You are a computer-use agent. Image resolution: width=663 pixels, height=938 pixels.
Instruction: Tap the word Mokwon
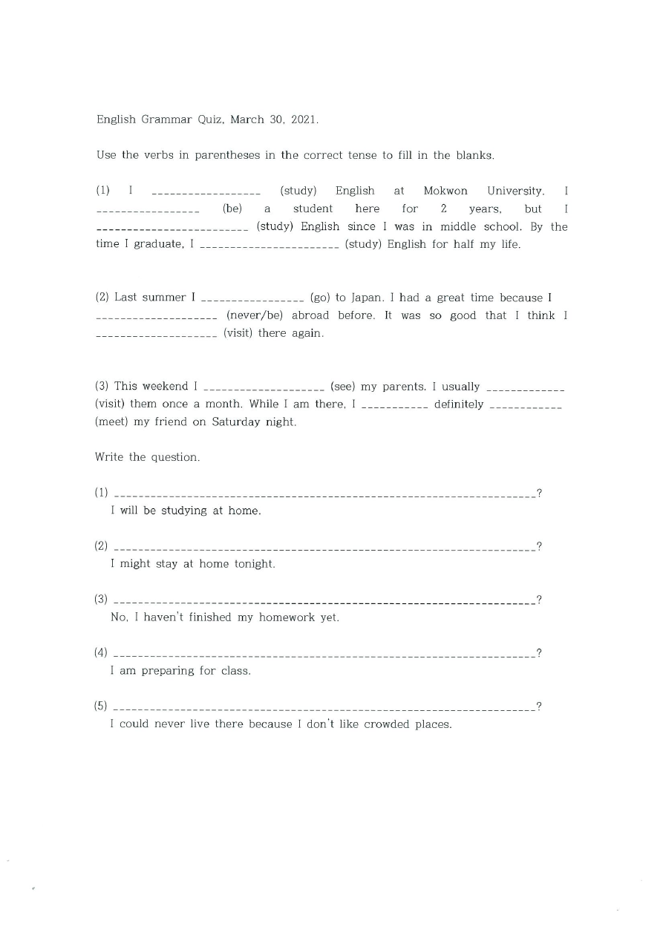(x=445, y=191)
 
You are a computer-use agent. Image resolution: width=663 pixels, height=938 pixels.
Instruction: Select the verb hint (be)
(x=232, y=209)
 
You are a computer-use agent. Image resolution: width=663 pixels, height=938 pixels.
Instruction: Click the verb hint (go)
(x=319, y=298)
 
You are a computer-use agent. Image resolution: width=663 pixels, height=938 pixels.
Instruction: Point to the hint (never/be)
(x=255, y=315)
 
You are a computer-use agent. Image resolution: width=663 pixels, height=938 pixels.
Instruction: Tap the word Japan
(x=367, y=298)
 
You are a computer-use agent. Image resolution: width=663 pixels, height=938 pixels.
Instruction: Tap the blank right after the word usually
(x=525, y=388)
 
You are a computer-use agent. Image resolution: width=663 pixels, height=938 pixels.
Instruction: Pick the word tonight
(x=255, y=564)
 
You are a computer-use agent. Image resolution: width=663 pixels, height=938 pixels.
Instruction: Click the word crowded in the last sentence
(x=386, y=724)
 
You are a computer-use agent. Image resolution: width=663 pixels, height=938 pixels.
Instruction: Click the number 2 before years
(x=442, y=209)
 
